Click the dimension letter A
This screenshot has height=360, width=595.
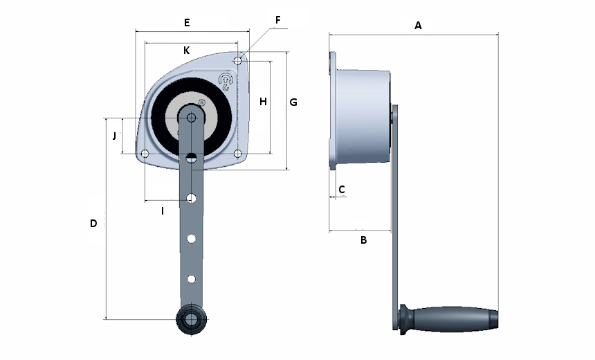418,26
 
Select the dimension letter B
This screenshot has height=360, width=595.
363,240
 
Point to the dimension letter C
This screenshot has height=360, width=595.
341,189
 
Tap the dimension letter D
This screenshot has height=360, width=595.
93,224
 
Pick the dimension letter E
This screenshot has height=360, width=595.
187,23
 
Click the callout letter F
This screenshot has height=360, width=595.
277,19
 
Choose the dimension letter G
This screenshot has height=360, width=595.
293,102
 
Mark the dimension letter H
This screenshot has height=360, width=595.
263,102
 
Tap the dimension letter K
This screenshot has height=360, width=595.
186,51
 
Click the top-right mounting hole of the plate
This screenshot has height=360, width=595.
238,61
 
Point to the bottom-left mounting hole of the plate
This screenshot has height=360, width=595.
145,153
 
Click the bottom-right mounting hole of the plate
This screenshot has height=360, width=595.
238,153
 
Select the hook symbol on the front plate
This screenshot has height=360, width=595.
226,82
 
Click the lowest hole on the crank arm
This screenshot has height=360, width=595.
192,278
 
